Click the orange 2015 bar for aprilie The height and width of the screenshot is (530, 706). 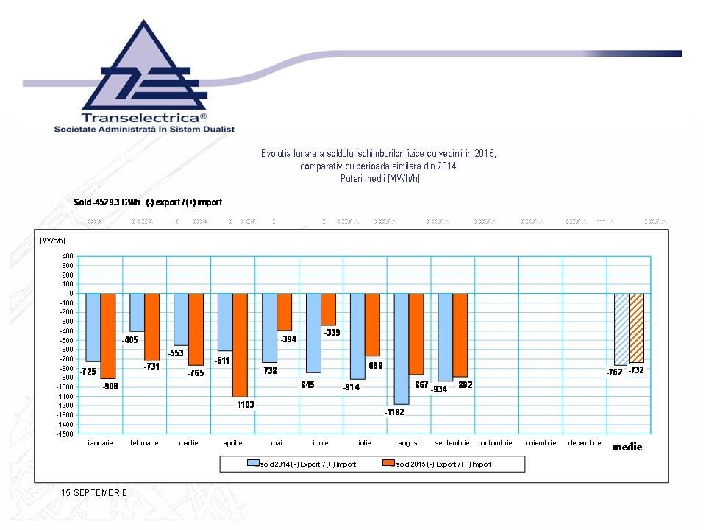pos(240,344)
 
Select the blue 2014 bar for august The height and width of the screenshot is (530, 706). pos(402,348)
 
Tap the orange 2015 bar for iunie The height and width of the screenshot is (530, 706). pos(328,309)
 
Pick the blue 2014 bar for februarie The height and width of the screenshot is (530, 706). pos(137,312)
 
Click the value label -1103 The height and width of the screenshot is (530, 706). pos(244,405)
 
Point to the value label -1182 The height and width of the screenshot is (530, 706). pos(394,412)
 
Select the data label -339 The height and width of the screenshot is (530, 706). pos(332,333)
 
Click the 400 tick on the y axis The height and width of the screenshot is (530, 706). pos(67,256)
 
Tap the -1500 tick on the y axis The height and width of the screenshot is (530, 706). pos(65,434)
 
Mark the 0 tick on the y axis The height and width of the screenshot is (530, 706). pos(70,294)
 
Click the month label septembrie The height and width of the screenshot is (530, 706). pos(453,443)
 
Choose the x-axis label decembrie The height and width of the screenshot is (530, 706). pos(585,443)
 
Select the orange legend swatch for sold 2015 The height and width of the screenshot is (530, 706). pos(388,464)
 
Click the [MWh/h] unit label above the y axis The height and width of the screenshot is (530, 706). pos(52,240)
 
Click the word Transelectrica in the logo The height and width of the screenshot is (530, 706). pos(140,117)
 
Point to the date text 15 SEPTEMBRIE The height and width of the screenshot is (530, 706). pos(95,492)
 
